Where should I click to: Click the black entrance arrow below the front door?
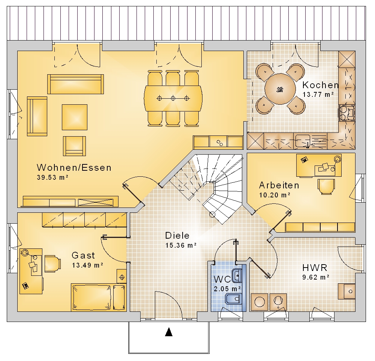tap(169, 332)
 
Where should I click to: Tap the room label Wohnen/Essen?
tap(74, 168)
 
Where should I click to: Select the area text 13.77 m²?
tap(318, 95)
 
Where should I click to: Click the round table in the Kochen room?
tap(280, 89)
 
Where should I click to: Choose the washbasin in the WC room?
tap(237, 276)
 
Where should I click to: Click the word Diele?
tap(177, 236)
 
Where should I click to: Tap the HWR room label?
tap(315, 268)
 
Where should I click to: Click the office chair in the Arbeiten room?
tap(326, 187)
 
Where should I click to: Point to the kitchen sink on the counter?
tap(303, 141)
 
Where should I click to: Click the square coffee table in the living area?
tap(75, 117)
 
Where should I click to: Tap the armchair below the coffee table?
tap(74, 146)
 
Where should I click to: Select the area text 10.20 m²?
tap(275, 195)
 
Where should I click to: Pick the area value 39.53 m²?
tap(52, 177)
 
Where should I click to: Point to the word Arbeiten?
tap(279, 185)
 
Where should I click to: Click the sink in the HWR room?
tap(346, 291)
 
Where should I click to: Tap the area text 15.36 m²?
tap(181, 245)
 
